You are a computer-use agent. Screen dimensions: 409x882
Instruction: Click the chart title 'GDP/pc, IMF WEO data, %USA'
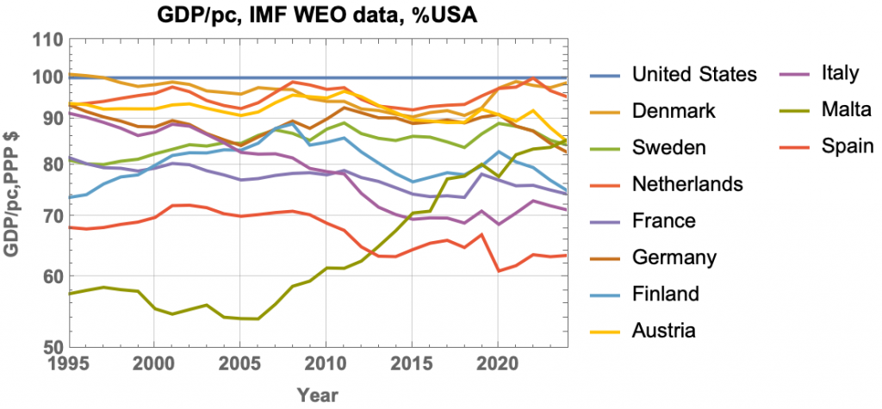(x=332, y=14)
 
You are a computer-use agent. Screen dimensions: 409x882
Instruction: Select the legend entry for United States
(x=693, y=74)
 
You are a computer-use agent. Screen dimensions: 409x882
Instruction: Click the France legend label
(x=664, y=221)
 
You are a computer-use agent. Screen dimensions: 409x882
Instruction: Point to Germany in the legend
(x=674, y=257)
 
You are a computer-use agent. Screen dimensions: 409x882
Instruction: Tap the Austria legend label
(x=663, y=331)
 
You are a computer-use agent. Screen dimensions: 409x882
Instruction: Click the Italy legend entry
(x=841, y=72)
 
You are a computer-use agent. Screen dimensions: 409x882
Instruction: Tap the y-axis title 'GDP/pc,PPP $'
(x=13, y=194)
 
